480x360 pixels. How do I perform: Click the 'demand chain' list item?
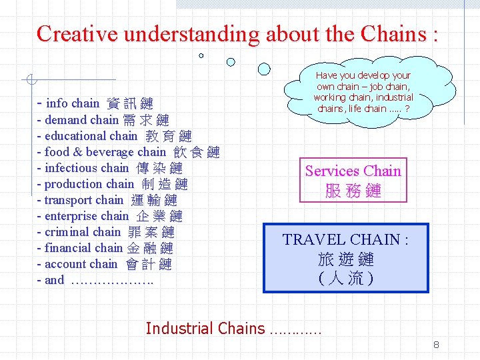point(103,120)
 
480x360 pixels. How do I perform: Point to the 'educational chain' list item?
point(114,136)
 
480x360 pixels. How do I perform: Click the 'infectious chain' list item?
point(109,168)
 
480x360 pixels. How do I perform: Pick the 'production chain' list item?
point(112,184)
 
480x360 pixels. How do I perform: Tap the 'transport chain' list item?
point(107,200)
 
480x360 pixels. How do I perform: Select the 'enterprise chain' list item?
point(109,216)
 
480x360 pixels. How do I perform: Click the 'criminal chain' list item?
point(105,232)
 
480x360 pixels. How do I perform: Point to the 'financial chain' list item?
point(105,248)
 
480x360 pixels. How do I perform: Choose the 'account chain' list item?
point(104,264)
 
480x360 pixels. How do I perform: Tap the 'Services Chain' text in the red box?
point(353,171)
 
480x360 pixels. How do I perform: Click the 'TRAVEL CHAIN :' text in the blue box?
point(345,239)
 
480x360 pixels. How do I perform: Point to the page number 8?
point(436,345)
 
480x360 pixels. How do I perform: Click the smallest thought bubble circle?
point(201,55)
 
